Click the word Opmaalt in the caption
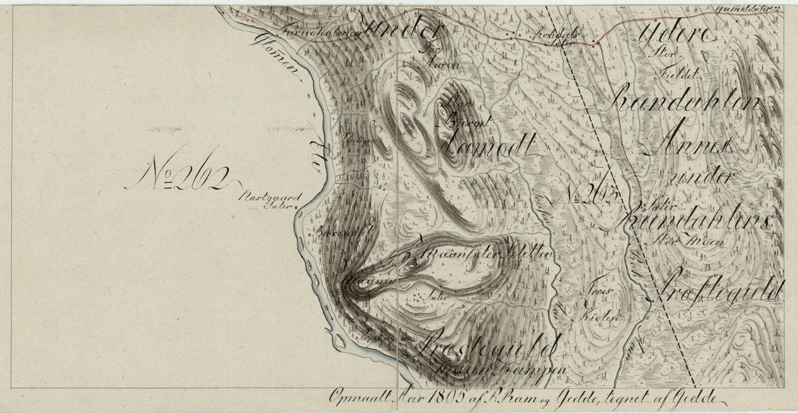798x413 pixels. tap(353, 397)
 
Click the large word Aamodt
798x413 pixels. tap(482, 148)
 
